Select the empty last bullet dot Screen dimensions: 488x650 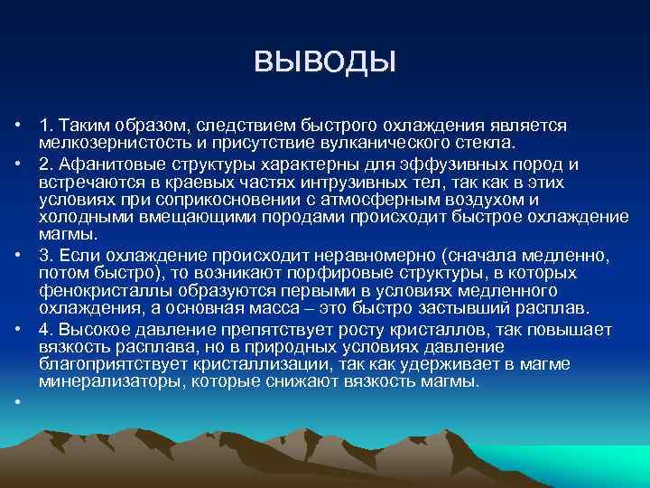point(17,403)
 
